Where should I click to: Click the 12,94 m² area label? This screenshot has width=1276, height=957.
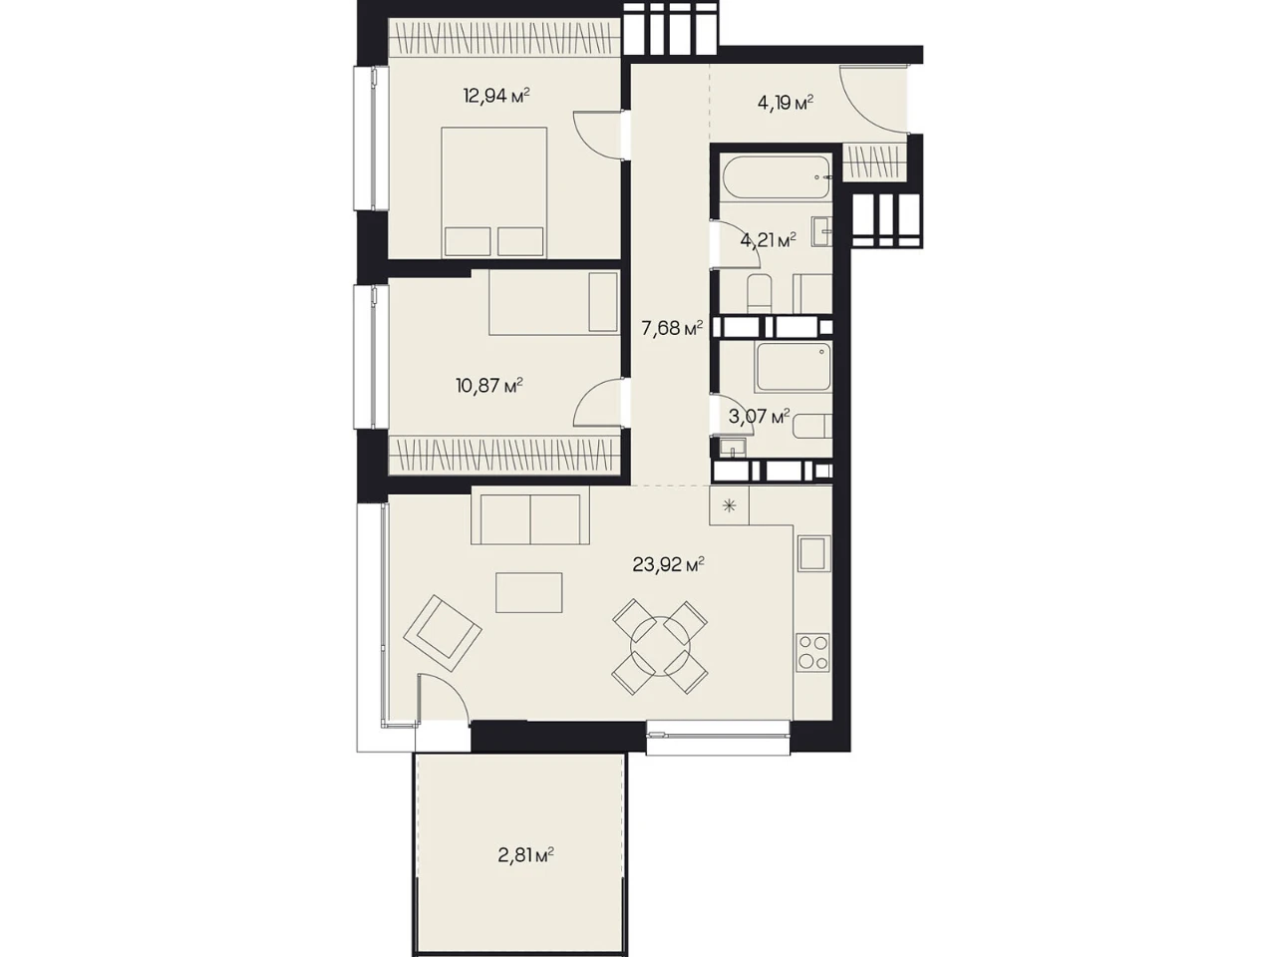point(495,95)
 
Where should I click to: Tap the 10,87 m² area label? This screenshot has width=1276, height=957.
point(489,385)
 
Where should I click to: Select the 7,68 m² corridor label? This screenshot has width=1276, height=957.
point(672,328)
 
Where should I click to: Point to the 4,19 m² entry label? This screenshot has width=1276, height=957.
point(785,104)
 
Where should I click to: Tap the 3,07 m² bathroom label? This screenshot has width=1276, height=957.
point(759,416)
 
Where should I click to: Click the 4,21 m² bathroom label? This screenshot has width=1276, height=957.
point(768,240)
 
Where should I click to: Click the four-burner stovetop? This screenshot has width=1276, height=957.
point(812,653)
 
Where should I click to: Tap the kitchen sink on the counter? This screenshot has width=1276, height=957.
point(813,554)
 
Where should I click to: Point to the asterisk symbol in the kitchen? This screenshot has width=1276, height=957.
point(729,506)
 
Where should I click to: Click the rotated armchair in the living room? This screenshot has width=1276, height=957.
point(443,634)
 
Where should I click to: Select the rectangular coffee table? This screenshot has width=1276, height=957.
point(528,592)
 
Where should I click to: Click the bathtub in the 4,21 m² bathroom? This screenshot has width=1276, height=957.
point(777,176)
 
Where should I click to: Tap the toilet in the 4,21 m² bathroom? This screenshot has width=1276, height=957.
point(760,293)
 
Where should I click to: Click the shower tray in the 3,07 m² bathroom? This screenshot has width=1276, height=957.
point(793,367)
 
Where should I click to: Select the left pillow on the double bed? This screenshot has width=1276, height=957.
point(467,241)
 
